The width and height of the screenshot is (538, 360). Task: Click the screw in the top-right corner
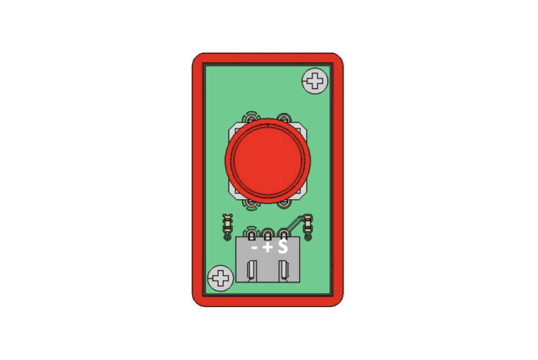coord(315,81)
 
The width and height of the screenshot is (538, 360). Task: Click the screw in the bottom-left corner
coord(221,278)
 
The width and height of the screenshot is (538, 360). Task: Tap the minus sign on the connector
coord(254,247)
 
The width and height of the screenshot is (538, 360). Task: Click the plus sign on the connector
coord(268,247)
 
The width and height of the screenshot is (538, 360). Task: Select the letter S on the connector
coord(283,247)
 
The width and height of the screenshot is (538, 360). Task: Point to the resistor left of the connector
coord(227,226)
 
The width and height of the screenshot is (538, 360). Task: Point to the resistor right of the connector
coord(308,226)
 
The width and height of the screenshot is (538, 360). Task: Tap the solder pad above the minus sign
coord(251,235)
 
